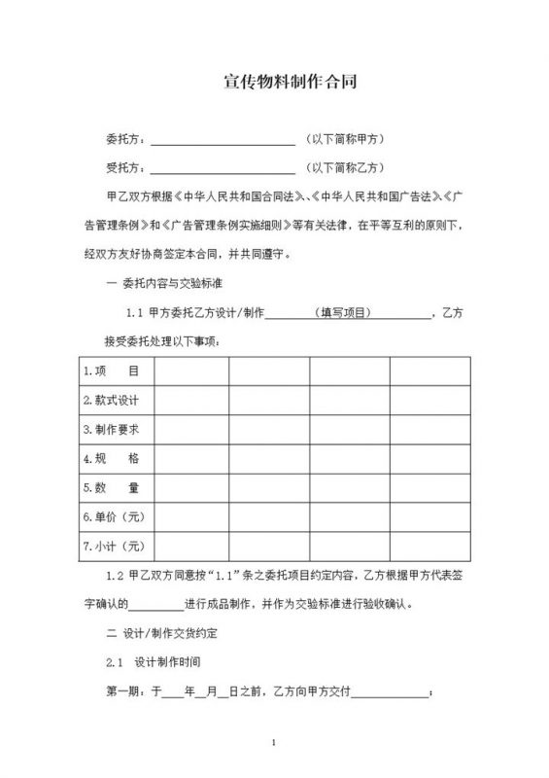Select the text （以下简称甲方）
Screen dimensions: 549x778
[344, 139]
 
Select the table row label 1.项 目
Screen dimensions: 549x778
[111, 371]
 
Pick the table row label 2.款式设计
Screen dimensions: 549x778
[111, 400]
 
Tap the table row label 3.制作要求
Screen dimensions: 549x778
[111, 429]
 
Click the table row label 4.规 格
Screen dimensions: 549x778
[111, 458]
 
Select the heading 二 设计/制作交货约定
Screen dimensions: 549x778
[161, 633]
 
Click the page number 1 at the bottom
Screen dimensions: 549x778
[275, 744]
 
